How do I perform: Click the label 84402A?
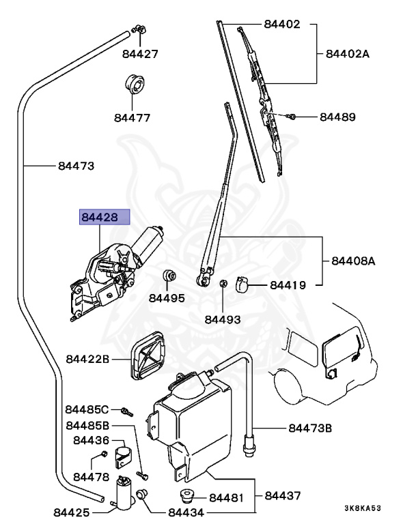[347, 54]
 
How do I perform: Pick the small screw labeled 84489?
[292, 117]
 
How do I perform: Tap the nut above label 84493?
[223, 284]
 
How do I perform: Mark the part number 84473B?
[310, 428]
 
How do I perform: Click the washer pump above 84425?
[125, 491]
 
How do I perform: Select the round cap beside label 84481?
[184, 496]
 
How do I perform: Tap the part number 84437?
[283, 495]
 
